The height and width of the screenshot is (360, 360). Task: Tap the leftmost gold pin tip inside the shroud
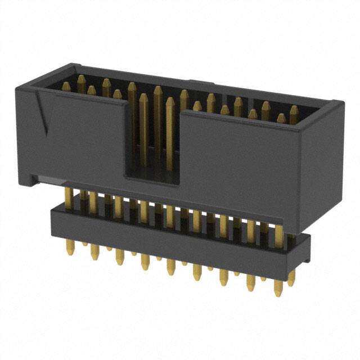[x=66, y=86]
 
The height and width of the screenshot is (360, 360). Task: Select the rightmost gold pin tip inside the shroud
[x=293, y=110]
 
